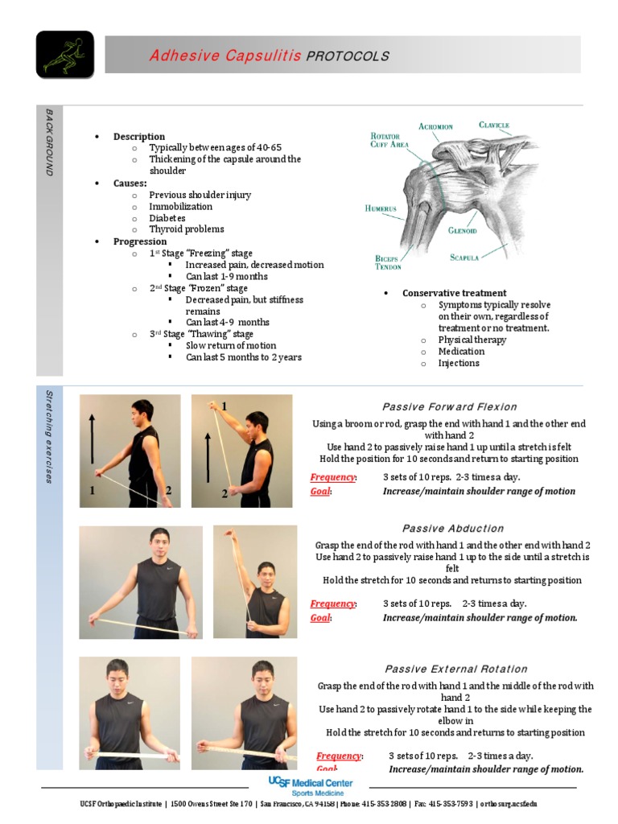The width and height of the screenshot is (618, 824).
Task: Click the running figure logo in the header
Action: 64,55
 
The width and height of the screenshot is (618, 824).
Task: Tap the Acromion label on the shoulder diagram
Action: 435,126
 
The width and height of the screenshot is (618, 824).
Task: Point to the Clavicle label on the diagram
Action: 493,125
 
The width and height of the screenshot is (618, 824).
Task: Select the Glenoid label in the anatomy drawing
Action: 463,230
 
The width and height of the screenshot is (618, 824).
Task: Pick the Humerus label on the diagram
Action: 381,208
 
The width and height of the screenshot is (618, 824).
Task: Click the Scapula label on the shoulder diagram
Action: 465,257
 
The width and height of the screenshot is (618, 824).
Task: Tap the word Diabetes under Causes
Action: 167,218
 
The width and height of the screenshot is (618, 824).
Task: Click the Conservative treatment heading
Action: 454,293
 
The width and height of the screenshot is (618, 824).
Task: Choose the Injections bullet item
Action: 459,363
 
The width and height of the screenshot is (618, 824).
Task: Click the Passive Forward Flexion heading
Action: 449,406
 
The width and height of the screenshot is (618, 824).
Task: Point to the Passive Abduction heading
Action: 453,529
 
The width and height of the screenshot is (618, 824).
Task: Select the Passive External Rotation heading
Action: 456,669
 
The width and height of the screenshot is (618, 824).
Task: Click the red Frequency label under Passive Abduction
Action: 332,604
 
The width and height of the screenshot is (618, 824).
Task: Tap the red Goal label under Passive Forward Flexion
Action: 320,491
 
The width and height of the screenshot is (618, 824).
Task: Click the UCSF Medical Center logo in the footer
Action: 310,786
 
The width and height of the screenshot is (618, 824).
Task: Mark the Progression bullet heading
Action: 140,241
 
